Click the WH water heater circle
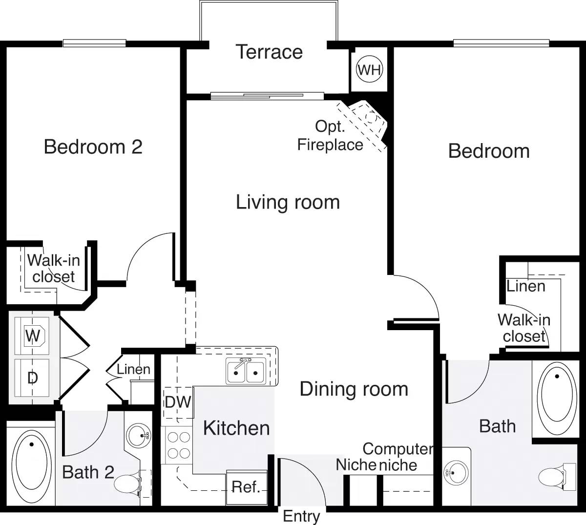point(369,70)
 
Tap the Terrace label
point(269,52)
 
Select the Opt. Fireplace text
point(330,135)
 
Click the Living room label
point(288,202)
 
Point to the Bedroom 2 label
point(93,147)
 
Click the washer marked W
point(33,336)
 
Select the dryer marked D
point(32,378)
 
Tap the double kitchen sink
point(246,371)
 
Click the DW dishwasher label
point(177,402)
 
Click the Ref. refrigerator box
point(246,487)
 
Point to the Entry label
point(301,516)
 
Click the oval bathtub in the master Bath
point(557,395)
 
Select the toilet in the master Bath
point(554,476)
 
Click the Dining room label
point(354,389)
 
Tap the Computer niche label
point(398,457)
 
